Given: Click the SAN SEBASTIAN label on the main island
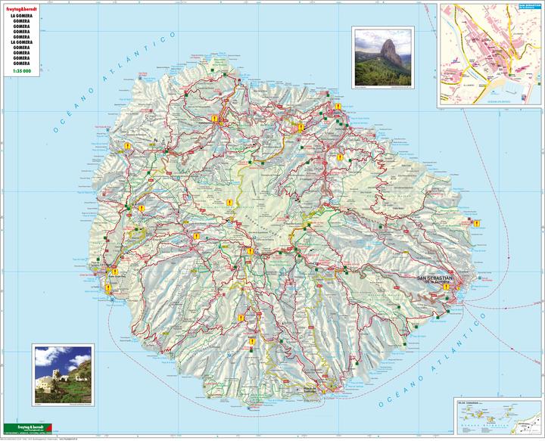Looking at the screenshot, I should [435, 278].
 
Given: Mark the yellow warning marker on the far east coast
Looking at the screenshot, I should [476, 223].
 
